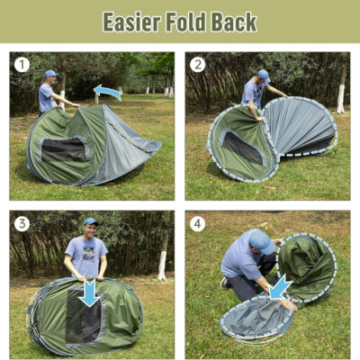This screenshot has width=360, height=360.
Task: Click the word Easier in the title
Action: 132,22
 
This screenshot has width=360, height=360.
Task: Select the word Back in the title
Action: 235,22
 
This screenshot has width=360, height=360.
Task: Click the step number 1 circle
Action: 22,65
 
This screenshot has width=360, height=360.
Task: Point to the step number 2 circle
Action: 198,65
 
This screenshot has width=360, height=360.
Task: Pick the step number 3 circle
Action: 22,224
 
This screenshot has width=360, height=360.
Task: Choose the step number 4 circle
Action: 198,224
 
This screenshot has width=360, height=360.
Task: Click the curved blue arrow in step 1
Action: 107,92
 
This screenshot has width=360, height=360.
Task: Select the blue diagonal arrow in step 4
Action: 280,287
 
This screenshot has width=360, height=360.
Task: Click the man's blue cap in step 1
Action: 49,74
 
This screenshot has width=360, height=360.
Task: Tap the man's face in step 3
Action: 88,230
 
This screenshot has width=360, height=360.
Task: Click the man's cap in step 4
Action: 261,240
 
